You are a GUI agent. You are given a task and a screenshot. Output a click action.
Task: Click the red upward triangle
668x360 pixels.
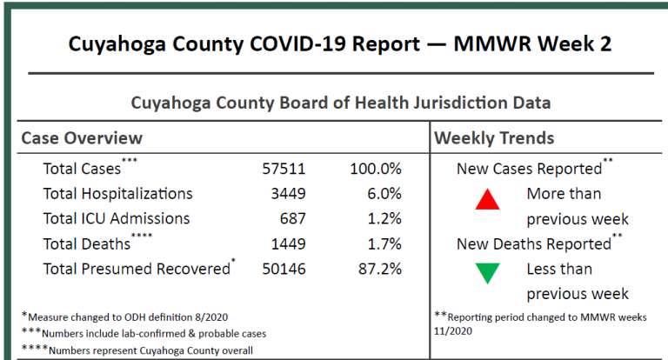487,201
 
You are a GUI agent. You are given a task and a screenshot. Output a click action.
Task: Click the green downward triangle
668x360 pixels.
487,275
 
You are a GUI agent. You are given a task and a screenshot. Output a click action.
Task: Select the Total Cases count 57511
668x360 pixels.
284,169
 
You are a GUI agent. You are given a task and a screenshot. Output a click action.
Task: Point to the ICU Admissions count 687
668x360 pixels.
292,219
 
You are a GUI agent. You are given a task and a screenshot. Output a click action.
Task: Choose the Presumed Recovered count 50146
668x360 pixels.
284,270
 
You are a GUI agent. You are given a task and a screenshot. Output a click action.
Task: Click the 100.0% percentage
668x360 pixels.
375,169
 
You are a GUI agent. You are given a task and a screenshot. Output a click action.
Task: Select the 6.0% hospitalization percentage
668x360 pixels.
383,194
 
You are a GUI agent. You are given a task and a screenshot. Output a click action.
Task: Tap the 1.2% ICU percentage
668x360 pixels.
383,219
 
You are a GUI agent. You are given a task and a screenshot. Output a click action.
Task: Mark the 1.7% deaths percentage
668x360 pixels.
383,244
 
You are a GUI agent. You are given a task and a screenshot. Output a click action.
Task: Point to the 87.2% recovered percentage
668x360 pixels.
378,270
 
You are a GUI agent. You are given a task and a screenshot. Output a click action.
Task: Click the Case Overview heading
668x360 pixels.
82,138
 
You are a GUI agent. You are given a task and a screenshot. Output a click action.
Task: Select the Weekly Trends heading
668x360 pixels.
494,138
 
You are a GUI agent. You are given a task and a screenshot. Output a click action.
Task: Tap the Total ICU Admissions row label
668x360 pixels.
117,219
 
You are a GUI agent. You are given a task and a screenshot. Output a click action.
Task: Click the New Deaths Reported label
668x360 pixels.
534,244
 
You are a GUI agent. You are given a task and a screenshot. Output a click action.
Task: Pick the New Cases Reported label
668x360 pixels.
529,169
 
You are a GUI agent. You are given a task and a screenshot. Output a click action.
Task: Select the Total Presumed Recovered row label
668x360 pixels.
137,270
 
